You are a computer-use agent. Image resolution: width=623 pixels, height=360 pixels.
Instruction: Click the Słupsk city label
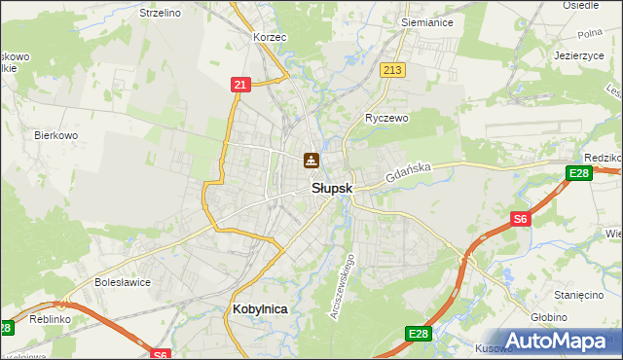[331, 189]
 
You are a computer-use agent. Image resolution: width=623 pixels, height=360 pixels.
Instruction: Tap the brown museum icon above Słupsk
[311, 161]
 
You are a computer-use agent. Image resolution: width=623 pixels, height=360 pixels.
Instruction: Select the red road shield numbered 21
[240, 85]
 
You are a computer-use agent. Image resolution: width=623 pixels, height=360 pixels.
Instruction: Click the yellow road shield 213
[393, 70]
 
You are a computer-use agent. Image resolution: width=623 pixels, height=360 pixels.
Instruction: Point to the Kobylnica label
[261, 308]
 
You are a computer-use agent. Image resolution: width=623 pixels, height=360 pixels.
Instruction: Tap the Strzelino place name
[160, 13]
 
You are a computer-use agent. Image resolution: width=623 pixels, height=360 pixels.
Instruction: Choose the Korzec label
[269, 37]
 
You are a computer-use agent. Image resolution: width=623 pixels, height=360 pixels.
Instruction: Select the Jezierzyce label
[579, 55]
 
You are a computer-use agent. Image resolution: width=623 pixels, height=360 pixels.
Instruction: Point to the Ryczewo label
[386, 117]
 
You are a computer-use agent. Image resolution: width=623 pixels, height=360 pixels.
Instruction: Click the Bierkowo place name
[55, 135]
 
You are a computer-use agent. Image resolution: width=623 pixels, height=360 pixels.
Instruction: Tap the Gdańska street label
[407, 174]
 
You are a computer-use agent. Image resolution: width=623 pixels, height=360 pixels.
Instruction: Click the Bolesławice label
[121, 282]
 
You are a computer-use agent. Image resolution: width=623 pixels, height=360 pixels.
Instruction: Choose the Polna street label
[590, 34]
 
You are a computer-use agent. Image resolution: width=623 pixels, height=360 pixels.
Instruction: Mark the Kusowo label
[493, 347]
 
